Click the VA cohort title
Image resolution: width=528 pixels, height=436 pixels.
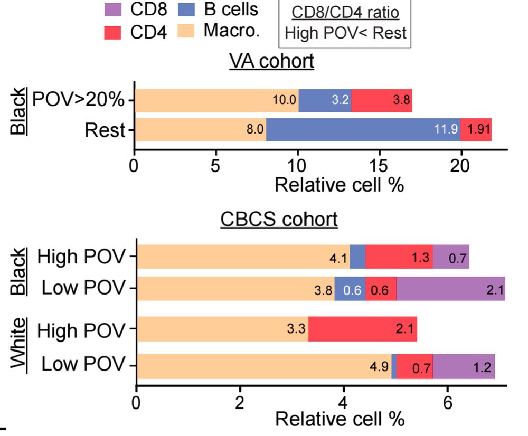271,62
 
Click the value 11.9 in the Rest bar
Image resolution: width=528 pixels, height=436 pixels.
446,130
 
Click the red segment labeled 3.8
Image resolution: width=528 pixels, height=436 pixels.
381,101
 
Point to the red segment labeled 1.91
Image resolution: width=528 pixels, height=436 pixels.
476,130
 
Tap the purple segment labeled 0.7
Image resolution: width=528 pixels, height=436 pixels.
451,257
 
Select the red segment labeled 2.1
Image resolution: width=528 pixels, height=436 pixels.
363,329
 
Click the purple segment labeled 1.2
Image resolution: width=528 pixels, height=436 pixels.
464,367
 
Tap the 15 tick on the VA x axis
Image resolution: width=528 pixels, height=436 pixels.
379,166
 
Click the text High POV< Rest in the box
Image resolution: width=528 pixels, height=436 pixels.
345,33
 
